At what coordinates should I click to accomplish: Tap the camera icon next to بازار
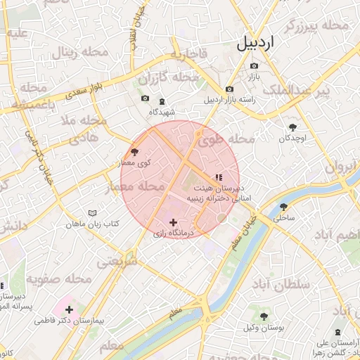click(x=254, y=66)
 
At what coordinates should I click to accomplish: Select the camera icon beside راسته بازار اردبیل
click(x=230, y=89)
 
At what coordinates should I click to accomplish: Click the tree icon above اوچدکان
click(x=292, y=127)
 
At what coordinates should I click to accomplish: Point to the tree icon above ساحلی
click(x=283, y=207)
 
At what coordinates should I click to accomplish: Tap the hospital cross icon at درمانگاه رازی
click(x=173, y=222)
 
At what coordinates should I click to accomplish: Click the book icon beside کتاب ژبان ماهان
click(x=92, y=213)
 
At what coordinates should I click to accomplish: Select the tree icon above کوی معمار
click(x=134, y=151)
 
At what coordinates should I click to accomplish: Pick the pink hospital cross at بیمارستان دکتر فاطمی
click(x=69, y=309)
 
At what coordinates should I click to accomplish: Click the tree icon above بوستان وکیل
click(x=264, y=317)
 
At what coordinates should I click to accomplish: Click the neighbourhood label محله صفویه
click(x=60, y=278)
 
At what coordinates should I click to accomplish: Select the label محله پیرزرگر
click(x=316, y=25)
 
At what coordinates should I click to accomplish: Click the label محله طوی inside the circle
click(x=226, y=139)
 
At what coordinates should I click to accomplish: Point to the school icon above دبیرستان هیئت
click(x=218, y=177)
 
